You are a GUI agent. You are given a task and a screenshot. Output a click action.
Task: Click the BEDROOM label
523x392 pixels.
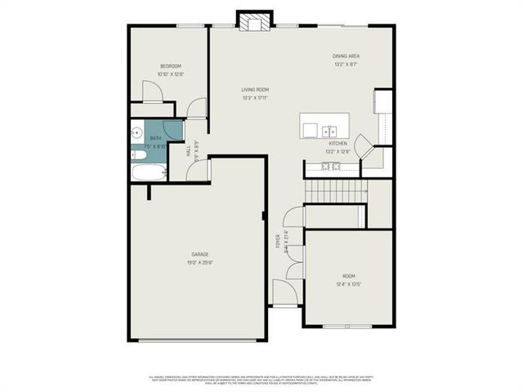pyautogui.click(x=171, y=66)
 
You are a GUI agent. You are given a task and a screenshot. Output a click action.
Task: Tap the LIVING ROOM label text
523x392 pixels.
pyautogui.click(x=255, y=90)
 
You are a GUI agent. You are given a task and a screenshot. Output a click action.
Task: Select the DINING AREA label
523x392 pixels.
pyautogui.click(x=346, y=56)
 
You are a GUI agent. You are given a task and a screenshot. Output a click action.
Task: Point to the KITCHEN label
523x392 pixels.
pyautogui.click(x=338, y=143)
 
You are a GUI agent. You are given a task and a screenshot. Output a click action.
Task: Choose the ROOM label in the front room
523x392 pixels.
pyautogui.click(x=348, y=277)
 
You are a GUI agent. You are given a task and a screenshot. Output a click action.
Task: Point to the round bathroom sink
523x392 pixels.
pyautogui.click(x=136, y=131)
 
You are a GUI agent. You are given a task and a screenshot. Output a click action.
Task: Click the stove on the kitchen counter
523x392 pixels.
pyautogui.click(x=331, y=167)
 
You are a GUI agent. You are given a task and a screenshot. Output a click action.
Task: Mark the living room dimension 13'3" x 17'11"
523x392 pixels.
pyautogui.click(x=255, y=98)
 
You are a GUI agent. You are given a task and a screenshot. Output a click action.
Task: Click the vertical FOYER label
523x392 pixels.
pyautogui.click(x=277, y=240)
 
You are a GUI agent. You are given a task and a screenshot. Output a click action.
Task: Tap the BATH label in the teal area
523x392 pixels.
pyautogui.click(x=155, y=139)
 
